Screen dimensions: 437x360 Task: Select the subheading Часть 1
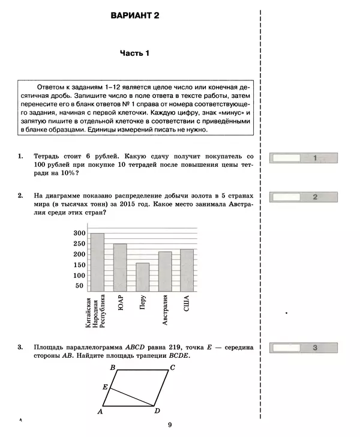pyautogui.click(x=134, y=53)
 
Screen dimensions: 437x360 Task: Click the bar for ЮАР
pyautogui.click(x=120, y=267)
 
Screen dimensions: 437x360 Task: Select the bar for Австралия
pyautogui.click(x=165, y=271)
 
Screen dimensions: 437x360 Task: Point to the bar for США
pyautogui.click(x=187, y=270)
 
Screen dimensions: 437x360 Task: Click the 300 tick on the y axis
pyautogui.click(x=79, y=233)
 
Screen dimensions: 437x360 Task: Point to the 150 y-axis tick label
pyautogui.click(x=79, y=265)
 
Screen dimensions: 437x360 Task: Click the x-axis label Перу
pyautogui.click(x=142, y=302)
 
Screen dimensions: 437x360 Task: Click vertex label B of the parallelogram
pyautogui.click(x=112, y=367)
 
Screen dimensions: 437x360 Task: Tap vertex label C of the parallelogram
pyautogui.click(x=172, y=367)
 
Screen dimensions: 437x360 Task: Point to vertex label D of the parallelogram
pyautogui.click(x=157, y=411)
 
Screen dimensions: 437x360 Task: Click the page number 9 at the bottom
pyautogui.click(x=170, y=426)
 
